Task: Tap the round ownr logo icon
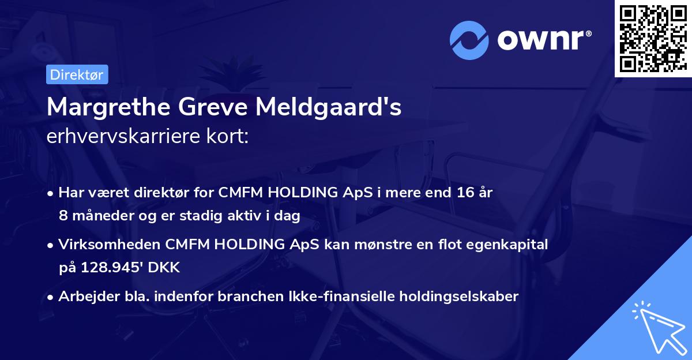coord(469,40)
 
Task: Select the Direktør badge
coord(77,74)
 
